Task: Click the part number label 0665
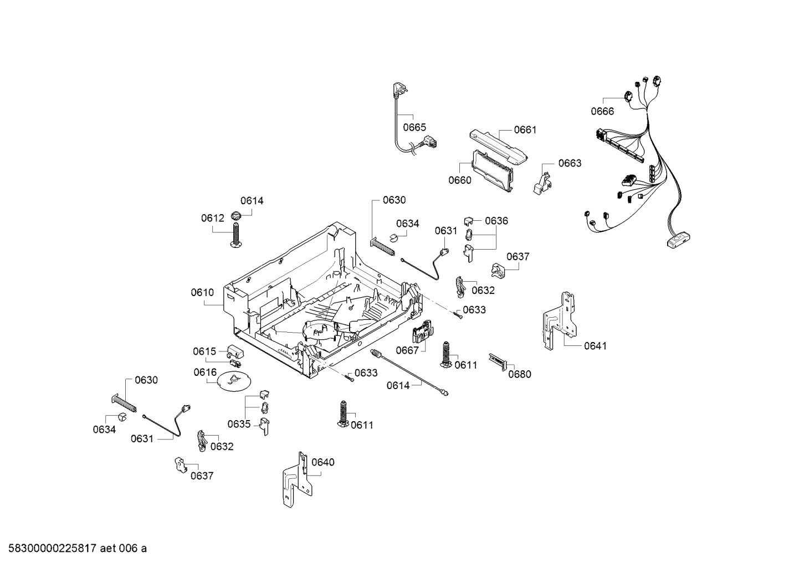[414, 127]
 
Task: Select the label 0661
[525, 130]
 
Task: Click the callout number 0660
[460, 180]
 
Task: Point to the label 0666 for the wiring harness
[602, 111]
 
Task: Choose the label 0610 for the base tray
[202, 292]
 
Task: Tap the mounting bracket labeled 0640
[295, 480]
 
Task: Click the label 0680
[520, 374]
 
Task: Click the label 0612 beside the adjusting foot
[212, 219]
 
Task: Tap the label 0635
[239, 425]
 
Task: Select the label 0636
[496, 221]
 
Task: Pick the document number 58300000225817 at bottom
[50, 549]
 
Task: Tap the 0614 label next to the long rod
[398, 386]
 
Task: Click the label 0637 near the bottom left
[202, 476]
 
